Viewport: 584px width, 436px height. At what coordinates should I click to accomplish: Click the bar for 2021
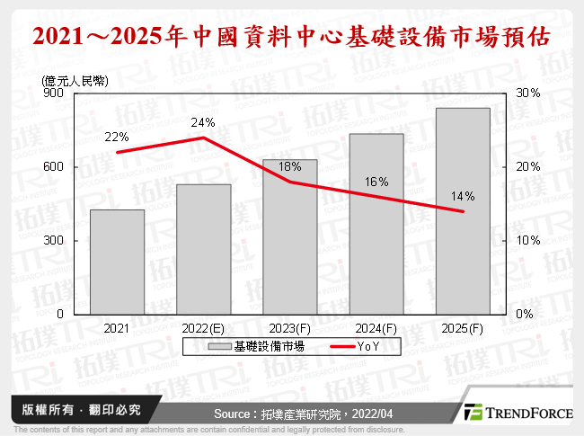tap(117, 262)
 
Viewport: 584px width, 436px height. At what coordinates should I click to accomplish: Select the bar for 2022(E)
tap(203, 249)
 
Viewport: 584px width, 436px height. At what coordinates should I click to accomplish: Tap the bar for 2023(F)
tap(290, 237)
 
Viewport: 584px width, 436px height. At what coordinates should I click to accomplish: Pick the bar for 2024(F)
tap(376, 224)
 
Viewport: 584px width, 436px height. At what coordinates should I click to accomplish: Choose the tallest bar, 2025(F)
tap(463, 211)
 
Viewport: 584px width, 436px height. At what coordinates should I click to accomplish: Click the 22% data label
tap(117, 138)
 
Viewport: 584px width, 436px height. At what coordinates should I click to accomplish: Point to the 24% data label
tap(202, 122)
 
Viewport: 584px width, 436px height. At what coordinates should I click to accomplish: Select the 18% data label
tap(290, 166)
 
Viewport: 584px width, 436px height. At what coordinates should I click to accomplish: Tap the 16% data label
tap(376, 182)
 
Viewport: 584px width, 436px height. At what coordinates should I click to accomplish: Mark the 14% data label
tap(463, 196)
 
